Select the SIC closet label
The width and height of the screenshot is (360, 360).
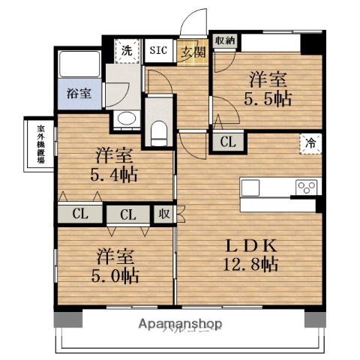(158, 50)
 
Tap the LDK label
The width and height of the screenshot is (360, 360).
(252, 244)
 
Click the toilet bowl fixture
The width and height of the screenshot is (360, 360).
(157, 132)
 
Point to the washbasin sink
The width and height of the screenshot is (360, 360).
(124, 119)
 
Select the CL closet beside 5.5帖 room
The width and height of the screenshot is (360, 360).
(226, 139)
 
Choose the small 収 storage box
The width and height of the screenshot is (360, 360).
(164, 214)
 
